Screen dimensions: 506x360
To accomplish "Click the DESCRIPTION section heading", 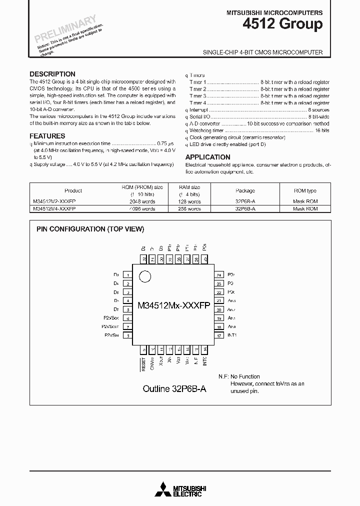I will click(52, 73).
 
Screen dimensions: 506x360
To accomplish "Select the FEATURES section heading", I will click(47, 135).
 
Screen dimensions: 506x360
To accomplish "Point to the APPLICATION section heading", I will click(207, 156).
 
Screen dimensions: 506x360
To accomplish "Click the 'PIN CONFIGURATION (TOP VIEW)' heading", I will click(90, 229).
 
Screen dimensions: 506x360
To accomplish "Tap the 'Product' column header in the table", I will click(73, 190).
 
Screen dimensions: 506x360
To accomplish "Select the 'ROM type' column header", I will click(305, 190).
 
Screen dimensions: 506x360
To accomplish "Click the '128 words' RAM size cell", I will click(189, 201).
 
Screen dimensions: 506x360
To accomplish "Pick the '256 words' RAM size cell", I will click(189, 208).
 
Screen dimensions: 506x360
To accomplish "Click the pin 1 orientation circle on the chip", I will click(145, 276).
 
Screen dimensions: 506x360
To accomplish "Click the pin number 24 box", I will click(219, 275).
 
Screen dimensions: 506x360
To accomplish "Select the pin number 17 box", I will click(219, 335).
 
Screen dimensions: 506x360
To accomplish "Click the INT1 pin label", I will click(231, 335).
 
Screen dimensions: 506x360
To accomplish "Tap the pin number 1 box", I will click(128, 275).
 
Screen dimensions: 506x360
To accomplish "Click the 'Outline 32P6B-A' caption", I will click(174, 388).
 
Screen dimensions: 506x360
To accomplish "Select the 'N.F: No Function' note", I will click(239, 376).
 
